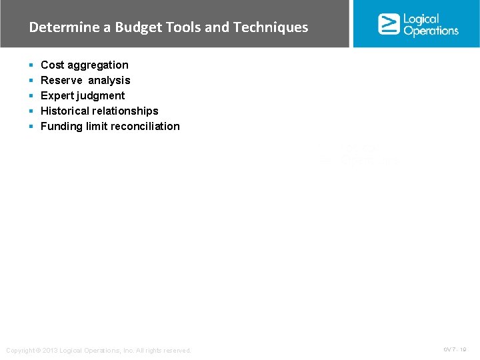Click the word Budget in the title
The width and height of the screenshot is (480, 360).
pos(137,27)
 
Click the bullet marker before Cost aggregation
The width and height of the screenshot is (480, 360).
pos(31,65)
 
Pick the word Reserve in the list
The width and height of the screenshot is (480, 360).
pos(61,80)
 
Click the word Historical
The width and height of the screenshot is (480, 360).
pos(66,111)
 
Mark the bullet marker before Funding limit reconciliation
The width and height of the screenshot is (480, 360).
pos(31,127)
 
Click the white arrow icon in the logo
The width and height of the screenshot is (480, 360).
pos(389,24)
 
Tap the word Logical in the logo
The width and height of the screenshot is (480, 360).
pos(421,19)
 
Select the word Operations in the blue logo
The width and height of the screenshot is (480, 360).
pos(431,31)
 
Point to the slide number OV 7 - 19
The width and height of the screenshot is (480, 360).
pos(455,349)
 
